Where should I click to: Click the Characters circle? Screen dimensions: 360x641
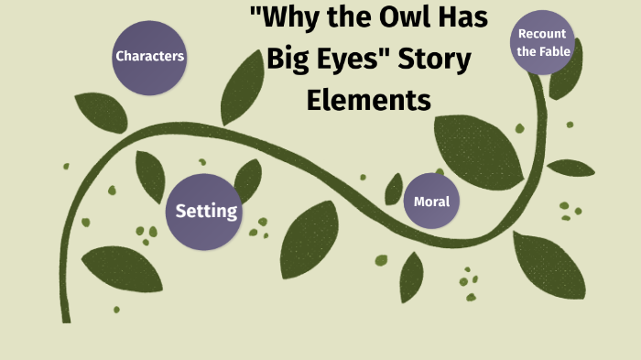point(149,57)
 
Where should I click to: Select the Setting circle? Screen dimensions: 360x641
point(206,212)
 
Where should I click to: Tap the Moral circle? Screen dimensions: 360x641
point(431,201)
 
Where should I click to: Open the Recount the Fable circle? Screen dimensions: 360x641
point(544,43)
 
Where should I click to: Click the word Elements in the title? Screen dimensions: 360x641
point(368,98)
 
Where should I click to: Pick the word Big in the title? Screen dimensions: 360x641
point(283,60)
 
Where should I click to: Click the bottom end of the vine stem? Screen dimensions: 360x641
point(66,318)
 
